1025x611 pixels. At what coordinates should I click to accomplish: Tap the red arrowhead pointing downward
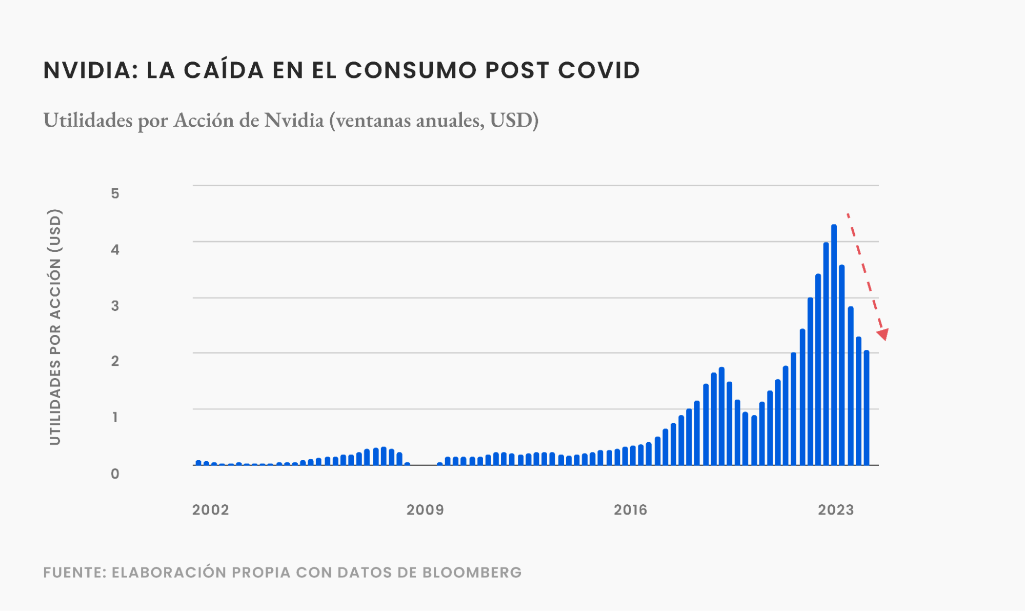(x=883, y=334)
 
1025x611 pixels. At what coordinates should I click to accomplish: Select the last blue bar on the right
(x=867, y=408)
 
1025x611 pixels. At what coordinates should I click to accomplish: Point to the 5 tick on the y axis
(x=115, y=193)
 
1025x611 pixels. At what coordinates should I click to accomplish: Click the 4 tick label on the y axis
(x=115, y=250)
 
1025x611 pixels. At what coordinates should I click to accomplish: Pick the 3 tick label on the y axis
(x=115, y=306)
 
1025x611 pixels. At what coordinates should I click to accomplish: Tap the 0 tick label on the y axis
(x=115, y=474)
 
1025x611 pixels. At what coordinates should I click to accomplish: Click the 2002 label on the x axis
(x=210, y=510)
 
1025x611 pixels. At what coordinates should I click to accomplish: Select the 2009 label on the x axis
(x=425, y=510)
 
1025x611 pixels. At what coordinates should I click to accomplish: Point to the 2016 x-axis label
(x=630, y=510)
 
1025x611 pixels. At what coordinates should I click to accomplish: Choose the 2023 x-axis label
(x=836, y=510)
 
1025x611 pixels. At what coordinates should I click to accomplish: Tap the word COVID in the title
(x=599, y=70)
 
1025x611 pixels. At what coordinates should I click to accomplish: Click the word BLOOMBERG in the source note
(x=472, y=573)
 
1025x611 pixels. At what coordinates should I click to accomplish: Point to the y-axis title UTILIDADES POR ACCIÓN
(x=55, y=327)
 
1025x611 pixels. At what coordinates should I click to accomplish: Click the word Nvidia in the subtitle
(x=294, y=120)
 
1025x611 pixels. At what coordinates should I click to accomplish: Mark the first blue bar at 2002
(x=198, y=463)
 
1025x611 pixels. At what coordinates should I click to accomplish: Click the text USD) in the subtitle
(x=514, y=120)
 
